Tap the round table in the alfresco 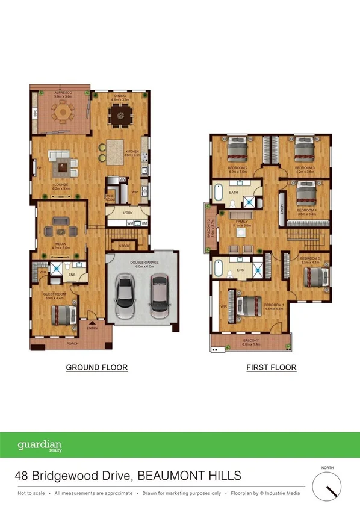[62, 112]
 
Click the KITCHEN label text [132, 151]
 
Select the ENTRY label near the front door [92, 328]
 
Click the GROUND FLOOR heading [96, 367]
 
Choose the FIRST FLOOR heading [271, 367]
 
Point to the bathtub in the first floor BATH [219, 194]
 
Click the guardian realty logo [40, 446]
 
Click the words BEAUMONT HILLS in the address [190, 476]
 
